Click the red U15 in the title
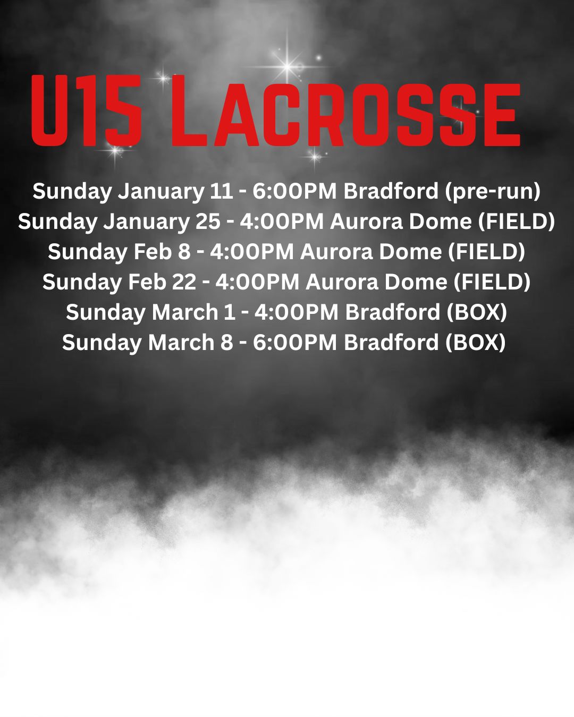(86, 110)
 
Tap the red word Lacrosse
(346, 110)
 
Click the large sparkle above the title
(288, 66)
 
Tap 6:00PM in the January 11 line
(294, 191)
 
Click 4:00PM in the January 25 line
(282, 221)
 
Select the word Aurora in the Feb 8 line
(336, 252)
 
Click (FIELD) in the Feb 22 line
(492, 282)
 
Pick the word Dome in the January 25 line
(440, 221)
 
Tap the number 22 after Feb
(184, 282)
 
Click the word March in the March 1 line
(185, 312)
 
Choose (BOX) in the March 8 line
(475, 343)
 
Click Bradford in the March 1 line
(393, 312)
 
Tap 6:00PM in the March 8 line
(295, 343)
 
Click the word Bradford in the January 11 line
(391, 191)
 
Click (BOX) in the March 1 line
(477, 312)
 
